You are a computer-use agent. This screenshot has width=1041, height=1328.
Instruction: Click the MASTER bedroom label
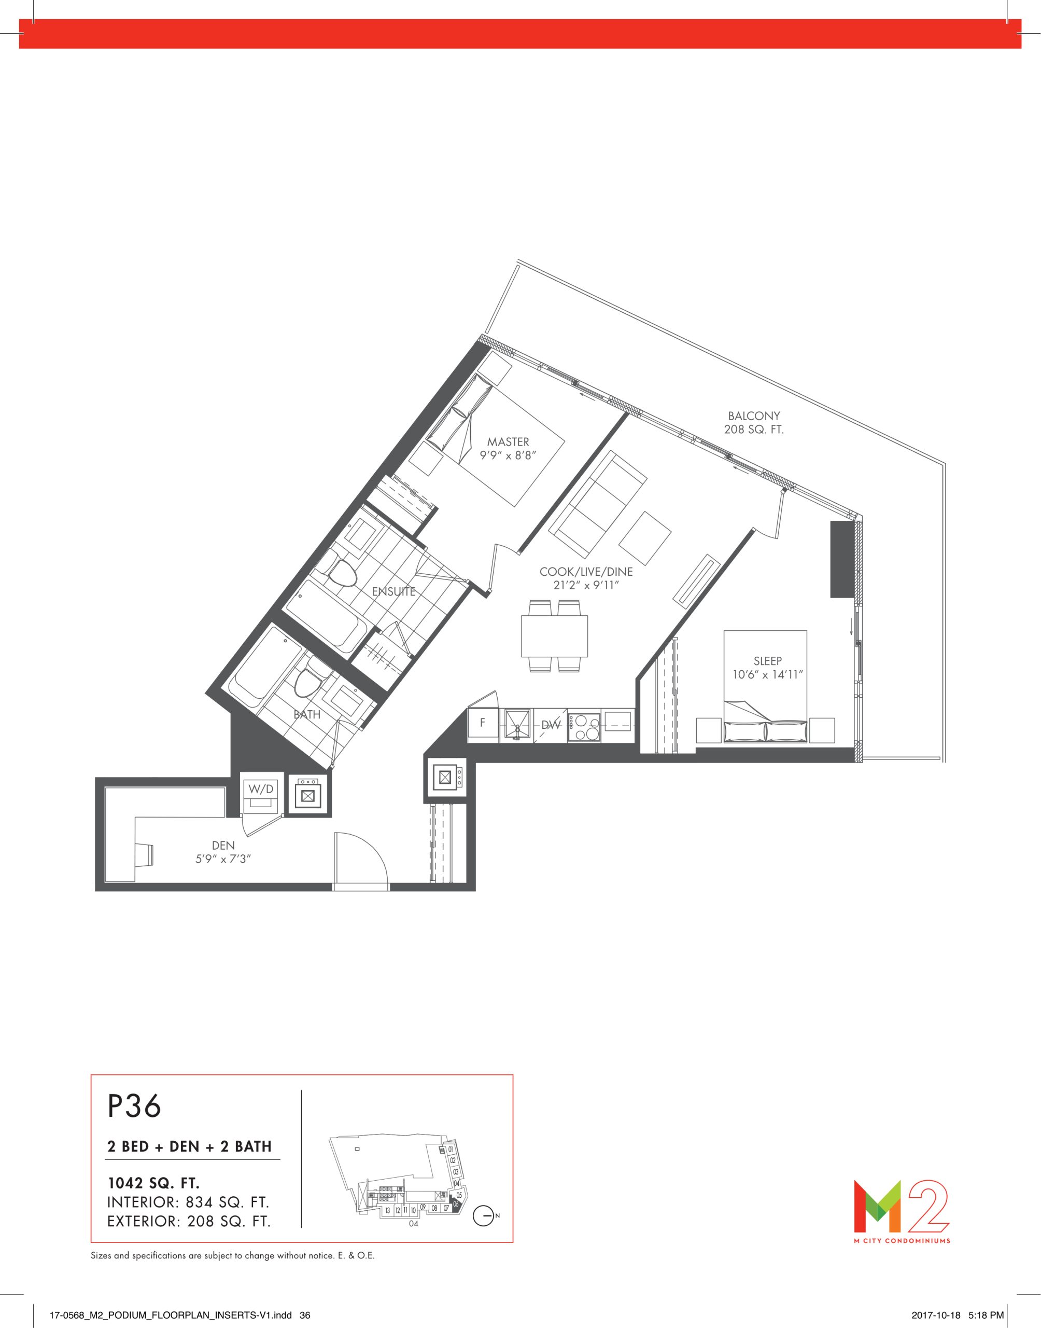click(x=508, y=442)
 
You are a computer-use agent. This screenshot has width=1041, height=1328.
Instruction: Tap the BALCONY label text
click(x=754, y=416)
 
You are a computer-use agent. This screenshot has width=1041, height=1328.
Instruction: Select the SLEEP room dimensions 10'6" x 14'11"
click(x=767, y=675)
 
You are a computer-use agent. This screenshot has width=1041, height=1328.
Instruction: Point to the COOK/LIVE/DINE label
click(x=586, y=572)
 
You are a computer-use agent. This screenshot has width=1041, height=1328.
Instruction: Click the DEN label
click(x=223, y=845)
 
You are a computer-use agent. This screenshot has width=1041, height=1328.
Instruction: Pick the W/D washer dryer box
click(x=261, y=794)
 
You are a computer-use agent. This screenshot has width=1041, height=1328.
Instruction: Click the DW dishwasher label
click(x=551, y=725)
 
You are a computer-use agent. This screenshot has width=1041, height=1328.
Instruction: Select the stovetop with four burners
click(x=583, y=725)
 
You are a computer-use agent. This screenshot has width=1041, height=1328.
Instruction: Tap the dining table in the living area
click(x=554, y=636)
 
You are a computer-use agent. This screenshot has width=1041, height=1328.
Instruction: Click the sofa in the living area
click(x=597, y=504)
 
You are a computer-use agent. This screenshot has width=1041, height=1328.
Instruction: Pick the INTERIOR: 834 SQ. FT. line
click(x=188, y=1202)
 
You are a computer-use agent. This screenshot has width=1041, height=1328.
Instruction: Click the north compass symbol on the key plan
click(x=483, y=1216)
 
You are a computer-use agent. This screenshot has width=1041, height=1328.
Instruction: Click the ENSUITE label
click(x=393, y=591)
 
